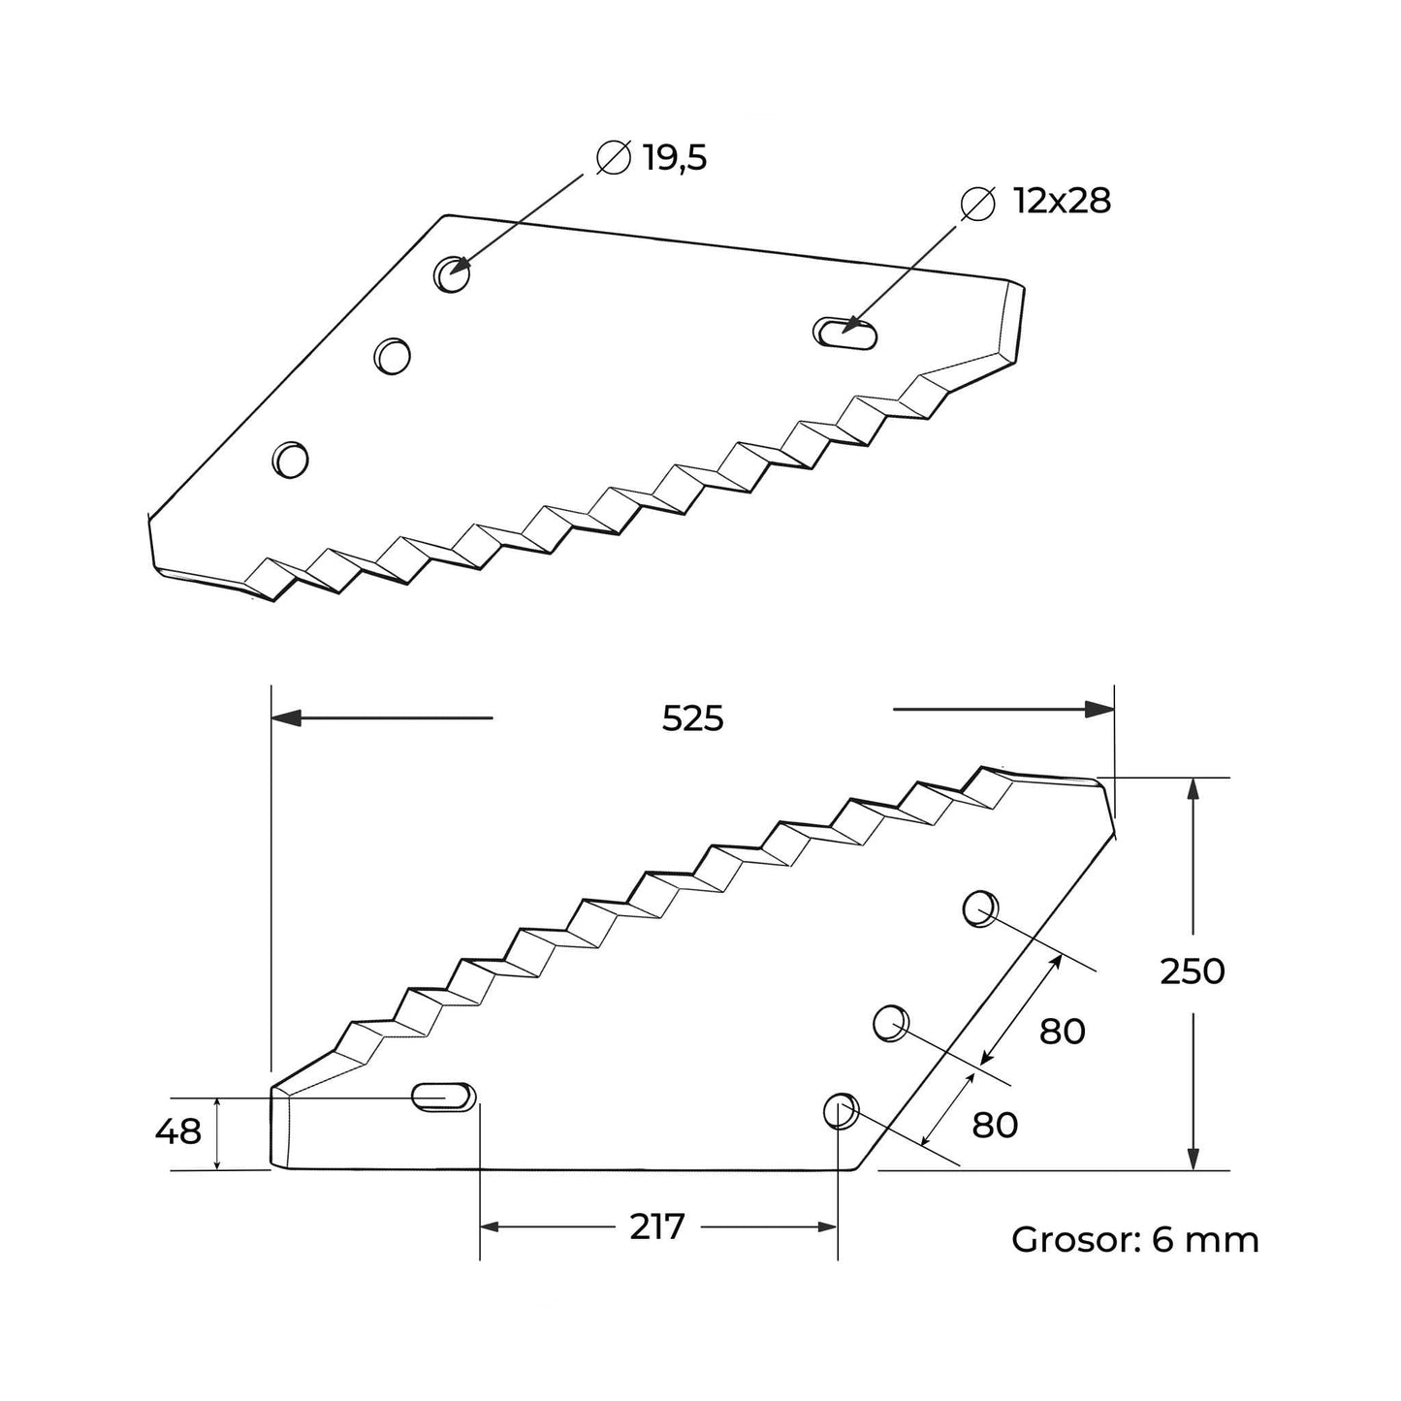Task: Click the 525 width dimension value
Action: tap(692, 718)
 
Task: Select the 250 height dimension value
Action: tap(1193, 971)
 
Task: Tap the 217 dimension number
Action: tap(657, 1226)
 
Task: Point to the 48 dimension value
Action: tap(178, 1130)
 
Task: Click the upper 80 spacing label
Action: tap(1062, 1032)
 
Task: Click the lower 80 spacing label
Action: tap(995, 1125)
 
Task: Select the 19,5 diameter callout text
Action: tap(675, 158)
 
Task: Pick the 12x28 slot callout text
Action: tap(1062, 202)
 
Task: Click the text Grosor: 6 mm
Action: tap(1134, 1240)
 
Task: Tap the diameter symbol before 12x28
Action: tap(977, 202)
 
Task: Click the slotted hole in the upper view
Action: tap(845, 332)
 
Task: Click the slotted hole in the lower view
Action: tap(444, 1097)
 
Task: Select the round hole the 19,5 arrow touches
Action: tap(451, 275)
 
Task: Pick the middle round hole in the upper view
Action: tap(393, 355)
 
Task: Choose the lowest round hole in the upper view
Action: tap(290, 458)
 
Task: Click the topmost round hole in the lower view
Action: tap(980, 908)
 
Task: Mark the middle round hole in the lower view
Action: tap(891, 1023)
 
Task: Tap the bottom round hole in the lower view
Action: tap(840, 1111)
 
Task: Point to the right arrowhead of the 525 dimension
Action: tap(1099, 710)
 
